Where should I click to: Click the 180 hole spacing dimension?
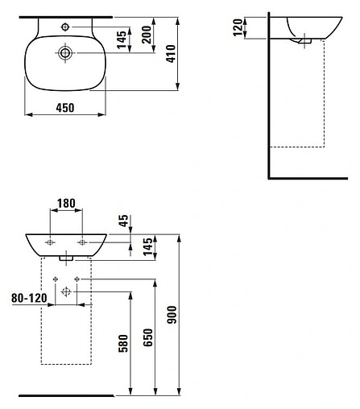(66, 204)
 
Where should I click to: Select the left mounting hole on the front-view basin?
(50, 242)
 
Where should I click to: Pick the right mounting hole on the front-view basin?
(82, 242)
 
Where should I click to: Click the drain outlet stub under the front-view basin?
(66, 258)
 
